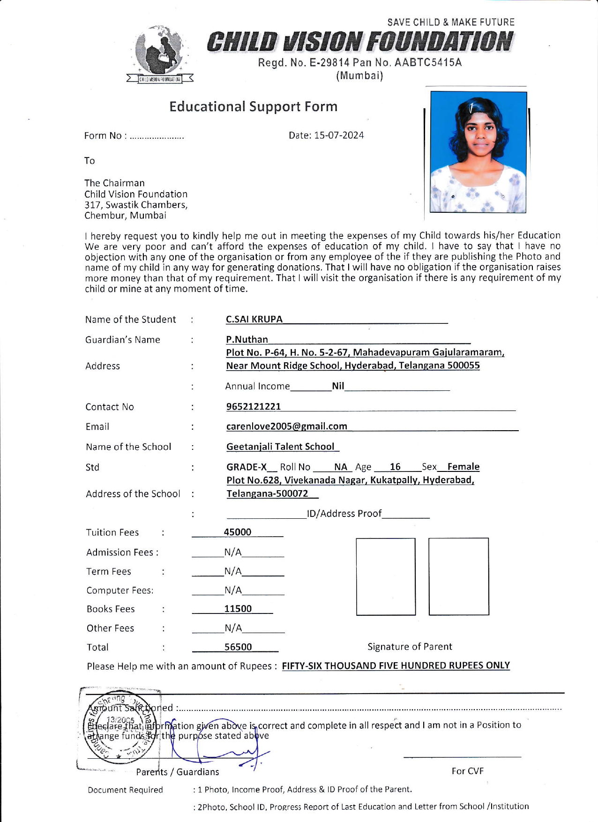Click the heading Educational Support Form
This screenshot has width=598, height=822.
click(x=253, y=106)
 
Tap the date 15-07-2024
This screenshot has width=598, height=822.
click(x=339, y=135)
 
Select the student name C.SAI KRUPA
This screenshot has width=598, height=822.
click(x=254, y=319)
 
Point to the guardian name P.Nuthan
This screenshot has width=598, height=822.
click(x=247, y=339)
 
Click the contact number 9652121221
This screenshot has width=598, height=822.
click(x=254, y=406)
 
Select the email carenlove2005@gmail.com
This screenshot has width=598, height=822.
click(x=286, y=426)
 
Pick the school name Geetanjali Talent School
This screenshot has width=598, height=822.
click(x=280, y=447)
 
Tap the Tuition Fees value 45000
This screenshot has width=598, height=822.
click(x=238, y=532)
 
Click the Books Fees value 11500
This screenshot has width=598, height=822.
click(x=238, y=609)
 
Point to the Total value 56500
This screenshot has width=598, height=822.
click(x=238, y=647)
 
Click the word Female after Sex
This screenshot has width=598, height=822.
click(x=463, y=467)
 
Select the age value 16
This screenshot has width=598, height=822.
click(x=395, y=467)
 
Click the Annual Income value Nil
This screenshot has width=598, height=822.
click(x=338, y=386)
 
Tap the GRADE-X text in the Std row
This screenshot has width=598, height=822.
click(x=247, y=467)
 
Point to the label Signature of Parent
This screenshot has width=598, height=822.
click(x=410, y=647)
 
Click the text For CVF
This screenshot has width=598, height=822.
click(x=467, y=771)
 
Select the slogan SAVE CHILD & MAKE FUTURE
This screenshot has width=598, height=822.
click(x=450, y=22)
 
